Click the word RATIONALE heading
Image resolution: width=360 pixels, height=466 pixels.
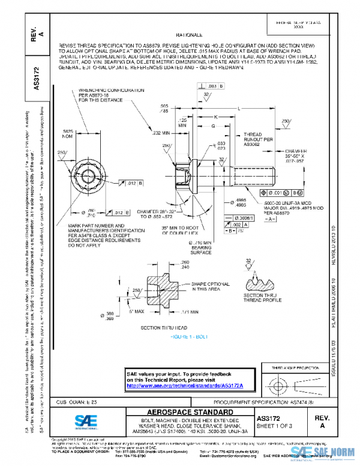pyautogui.click(x=188, y=35)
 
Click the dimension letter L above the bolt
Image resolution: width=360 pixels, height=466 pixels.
pyautogui.click(x=239, y=108)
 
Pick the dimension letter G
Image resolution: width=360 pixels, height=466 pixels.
pyautogui.click(x=212, y=126)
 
